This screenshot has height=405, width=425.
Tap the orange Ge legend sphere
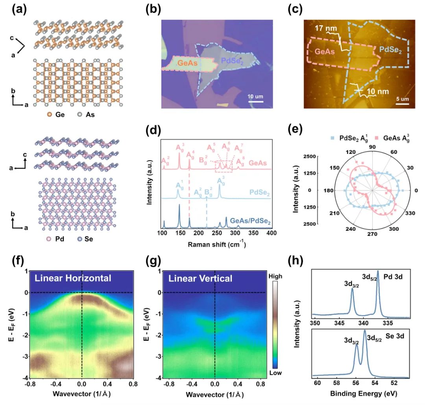point(49,115)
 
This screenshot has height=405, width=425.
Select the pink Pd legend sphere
point(49,239)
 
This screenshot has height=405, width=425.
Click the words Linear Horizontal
point(73,278)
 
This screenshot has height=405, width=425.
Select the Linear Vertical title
point(200,279)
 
